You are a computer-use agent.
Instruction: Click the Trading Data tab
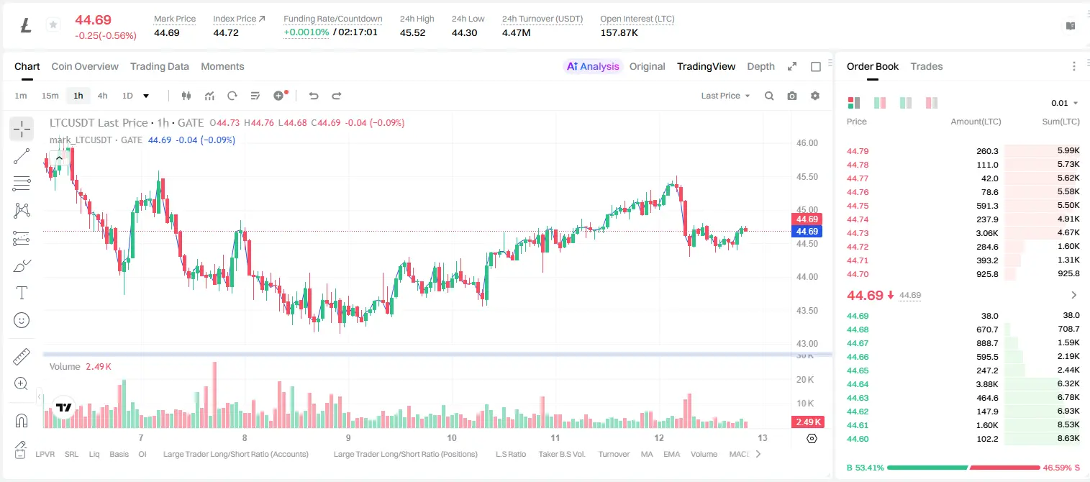pos(159,66)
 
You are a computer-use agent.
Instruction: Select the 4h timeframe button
pos(102,96)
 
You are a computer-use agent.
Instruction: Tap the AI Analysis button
pos(593,66)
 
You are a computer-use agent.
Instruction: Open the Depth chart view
pos(760,66)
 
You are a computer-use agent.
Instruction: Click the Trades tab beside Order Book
pos(927,66)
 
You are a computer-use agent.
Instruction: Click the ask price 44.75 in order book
pos(858,206)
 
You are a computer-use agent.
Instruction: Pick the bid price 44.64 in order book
pos(858,384)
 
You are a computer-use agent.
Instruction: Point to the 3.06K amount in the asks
pos(987,233)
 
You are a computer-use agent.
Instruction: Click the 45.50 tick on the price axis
pos(807,176)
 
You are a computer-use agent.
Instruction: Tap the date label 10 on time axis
pos(452,437)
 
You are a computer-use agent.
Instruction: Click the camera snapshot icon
pos(792,96)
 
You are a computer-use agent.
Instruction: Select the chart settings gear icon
pos(815,96)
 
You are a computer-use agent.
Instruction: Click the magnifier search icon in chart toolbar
pos(769,96)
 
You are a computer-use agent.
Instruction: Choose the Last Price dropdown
pos(725,96)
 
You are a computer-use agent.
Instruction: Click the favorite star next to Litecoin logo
pos(53,24)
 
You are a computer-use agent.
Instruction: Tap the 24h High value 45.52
pos(413,32)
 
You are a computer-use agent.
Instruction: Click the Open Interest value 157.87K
pos(619,32)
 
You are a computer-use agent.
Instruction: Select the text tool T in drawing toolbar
pos(22,293)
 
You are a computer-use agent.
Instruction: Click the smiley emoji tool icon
pos(22,320)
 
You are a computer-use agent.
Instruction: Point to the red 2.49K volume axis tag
pos(807,422)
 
